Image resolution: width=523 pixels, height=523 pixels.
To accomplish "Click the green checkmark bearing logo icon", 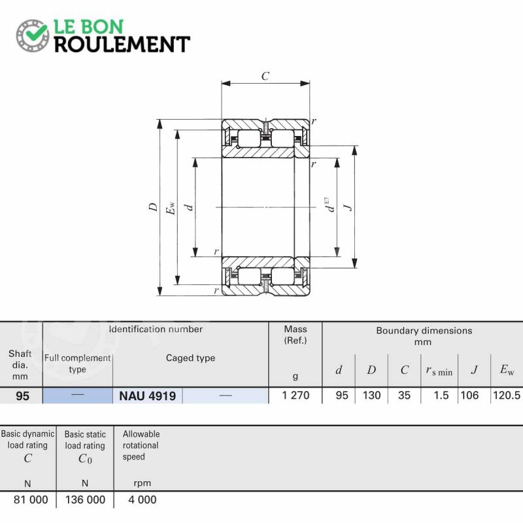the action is click(x=32, y=35).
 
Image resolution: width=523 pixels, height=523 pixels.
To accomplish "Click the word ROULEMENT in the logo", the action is click(x=122, y=44).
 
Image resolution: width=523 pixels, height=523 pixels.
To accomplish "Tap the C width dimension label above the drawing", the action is click(x=265, y=76).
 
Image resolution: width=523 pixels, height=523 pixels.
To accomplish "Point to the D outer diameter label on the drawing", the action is click(x=153, y=207).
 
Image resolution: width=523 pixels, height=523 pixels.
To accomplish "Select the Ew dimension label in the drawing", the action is click(x=171, y=208).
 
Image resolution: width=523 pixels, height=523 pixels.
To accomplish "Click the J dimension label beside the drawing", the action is click(x=348, y=207).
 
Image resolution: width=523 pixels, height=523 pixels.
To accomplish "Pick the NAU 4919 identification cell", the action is click(x=148, y=396).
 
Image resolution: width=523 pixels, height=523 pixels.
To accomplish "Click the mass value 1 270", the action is click(x=295, y=396).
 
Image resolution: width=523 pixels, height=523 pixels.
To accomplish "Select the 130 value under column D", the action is click(x=371, y=396).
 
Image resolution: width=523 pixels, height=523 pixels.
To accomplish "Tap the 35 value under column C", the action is click(x=404, y=396).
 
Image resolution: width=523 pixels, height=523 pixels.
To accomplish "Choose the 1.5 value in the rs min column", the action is click(x=441, y=396).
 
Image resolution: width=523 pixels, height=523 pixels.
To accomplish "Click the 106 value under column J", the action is click(x=469, y=396).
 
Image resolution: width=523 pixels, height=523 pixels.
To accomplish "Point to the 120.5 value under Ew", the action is click(x=507, y=396).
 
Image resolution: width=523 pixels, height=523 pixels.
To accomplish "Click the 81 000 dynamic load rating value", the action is click(x=31, y=499).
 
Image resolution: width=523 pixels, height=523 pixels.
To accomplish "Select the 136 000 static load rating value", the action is click(x=86, y=499).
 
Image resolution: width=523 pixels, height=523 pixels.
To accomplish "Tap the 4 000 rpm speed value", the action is click(x=143, y=499).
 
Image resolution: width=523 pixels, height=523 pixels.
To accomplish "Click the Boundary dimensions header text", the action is click(x=424, y=331).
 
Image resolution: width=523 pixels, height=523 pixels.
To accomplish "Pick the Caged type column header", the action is click(x=190, y=358).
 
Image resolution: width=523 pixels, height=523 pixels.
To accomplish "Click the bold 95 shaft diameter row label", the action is click(x=22, y=396).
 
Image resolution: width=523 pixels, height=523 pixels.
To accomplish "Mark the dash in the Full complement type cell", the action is click(x=78, y=394).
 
